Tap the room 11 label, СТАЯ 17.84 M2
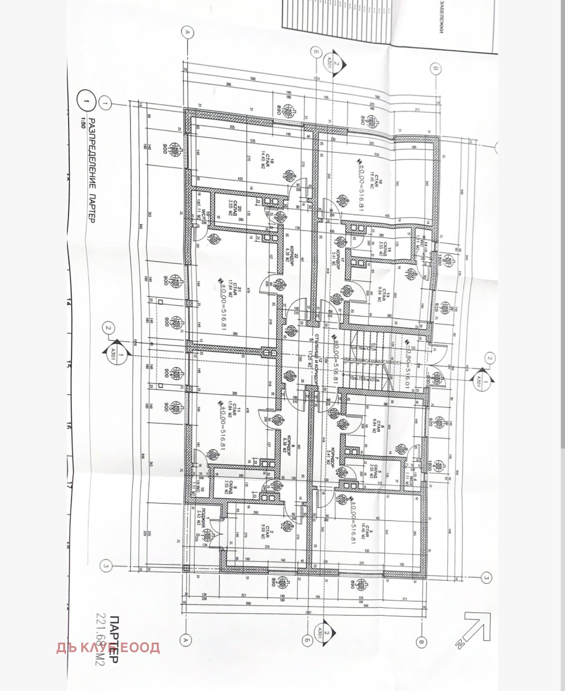point(234,408)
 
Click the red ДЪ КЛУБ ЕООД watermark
point(108,647)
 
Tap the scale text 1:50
point(83,123)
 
